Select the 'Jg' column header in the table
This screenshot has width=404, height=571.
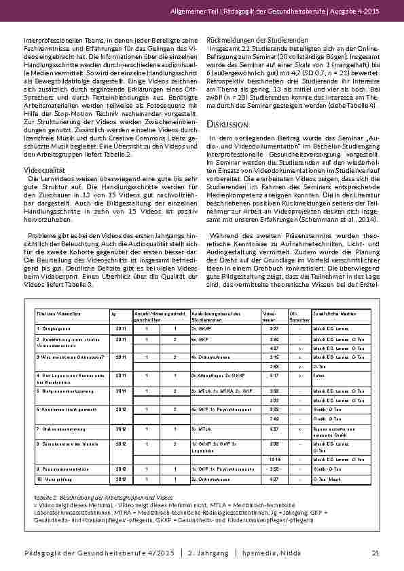point(113,314)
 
